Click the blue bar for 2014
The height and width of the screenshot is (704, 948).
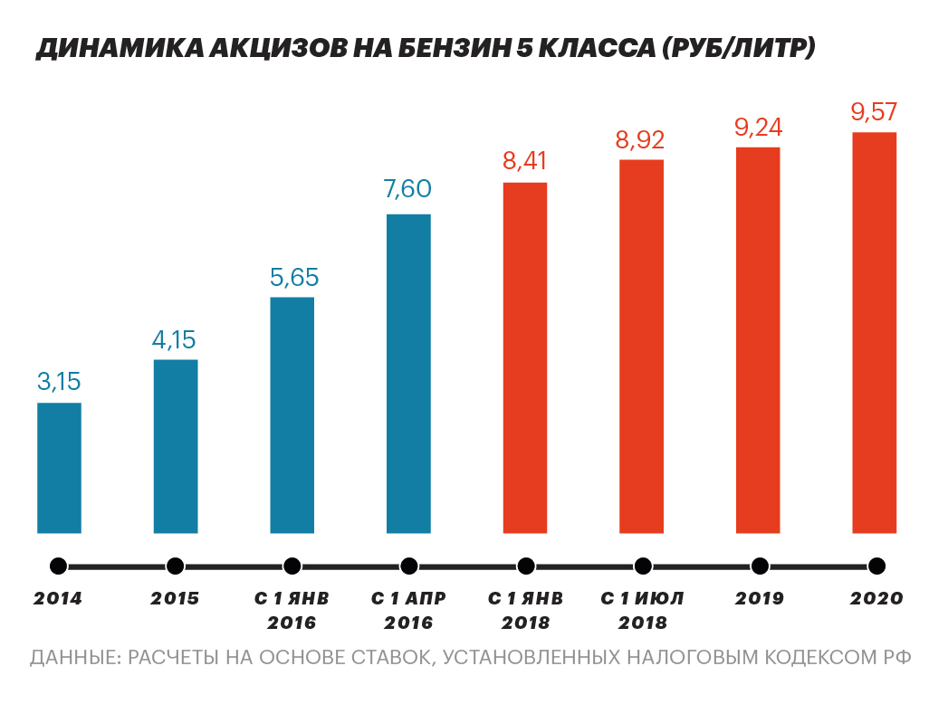59,468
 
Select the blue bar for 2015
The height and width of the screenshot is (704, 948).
176,446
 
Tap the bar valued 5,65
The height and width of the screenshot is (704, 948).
292,414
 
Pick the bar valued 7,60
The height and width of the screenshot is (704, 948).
408,374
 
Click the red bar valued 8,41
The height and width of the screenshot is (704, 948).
525,357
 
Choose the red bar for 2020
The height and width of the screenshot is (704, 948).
875,332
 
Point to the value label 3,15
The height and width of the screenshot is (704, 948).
59,382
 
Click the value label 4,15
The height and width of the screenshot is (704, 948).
174,340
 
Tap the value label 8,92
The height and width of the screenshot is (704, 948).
640,140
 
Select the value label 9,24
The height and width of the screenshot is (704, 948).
758,128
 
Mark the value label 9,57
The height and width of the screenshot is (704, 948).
874,112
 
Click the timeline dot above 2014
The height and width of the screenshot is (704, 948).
58,566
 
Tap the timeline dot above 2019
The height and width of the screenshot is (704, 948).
760,566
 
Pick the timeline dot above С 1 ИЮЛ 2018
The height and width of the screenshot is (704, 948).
643,566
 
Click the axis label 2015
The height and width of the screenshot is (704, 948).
175,599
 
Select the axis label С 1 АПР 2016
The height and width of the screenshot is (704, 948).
408,611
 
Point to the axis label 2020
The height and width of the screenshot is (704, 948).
876,599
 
